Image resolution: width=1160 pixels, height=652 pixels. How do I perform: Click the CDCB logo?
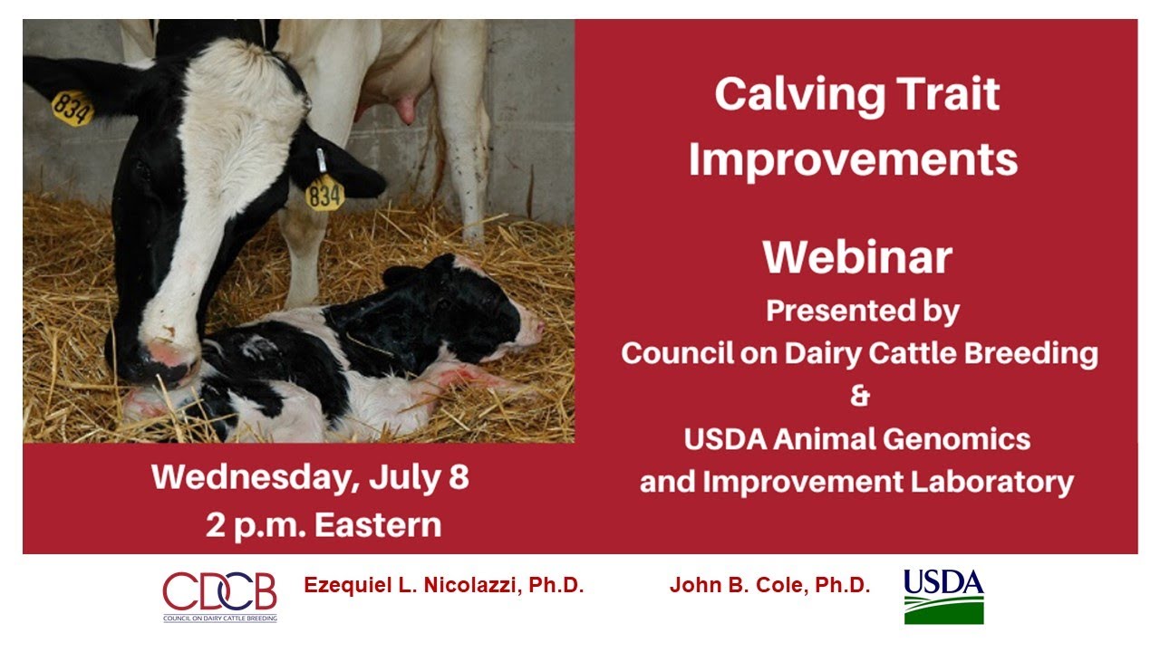[219, 595]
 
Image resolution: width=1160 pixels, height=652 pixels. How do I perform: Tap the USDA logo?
[943, 595]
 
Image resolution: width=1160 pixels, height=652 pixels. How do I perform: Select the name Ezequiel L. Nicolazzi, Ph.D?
[443, 586]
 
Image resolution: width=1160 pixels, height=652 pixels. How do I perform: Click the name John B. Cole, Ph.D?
[769, 586]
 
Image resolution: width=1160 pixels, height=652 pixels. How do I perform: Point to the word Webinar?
[856, 257]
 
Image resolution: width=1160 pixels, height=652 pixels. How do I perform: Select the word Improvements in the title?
[853, 159]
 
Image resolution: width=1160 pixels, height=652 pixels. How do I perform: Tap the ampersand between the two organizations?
[858, 397]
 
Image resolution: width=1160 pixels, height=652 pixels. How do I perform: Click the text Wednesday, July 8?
[310, 477]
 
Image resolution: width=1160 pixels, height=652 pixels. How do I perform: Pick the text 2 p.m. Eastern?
[323, 524]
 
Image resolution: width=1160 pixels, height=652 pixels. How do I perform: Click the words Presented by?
[862, 311]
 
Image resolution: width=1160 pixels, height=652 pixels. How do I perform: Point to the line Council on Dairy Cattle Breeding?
[858, 353]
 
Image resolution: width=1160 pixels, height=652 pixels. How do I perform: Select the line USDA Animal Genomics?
[856, 439]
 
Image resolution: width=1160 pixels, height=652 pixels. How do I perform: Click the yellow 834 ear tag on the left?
[72, 108]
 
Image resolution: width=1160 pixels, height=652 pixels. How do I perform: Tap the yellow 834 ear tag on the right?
[324, 192]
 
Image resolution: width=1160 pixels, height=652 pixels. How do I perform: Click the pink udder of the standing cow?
[399, 107]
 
